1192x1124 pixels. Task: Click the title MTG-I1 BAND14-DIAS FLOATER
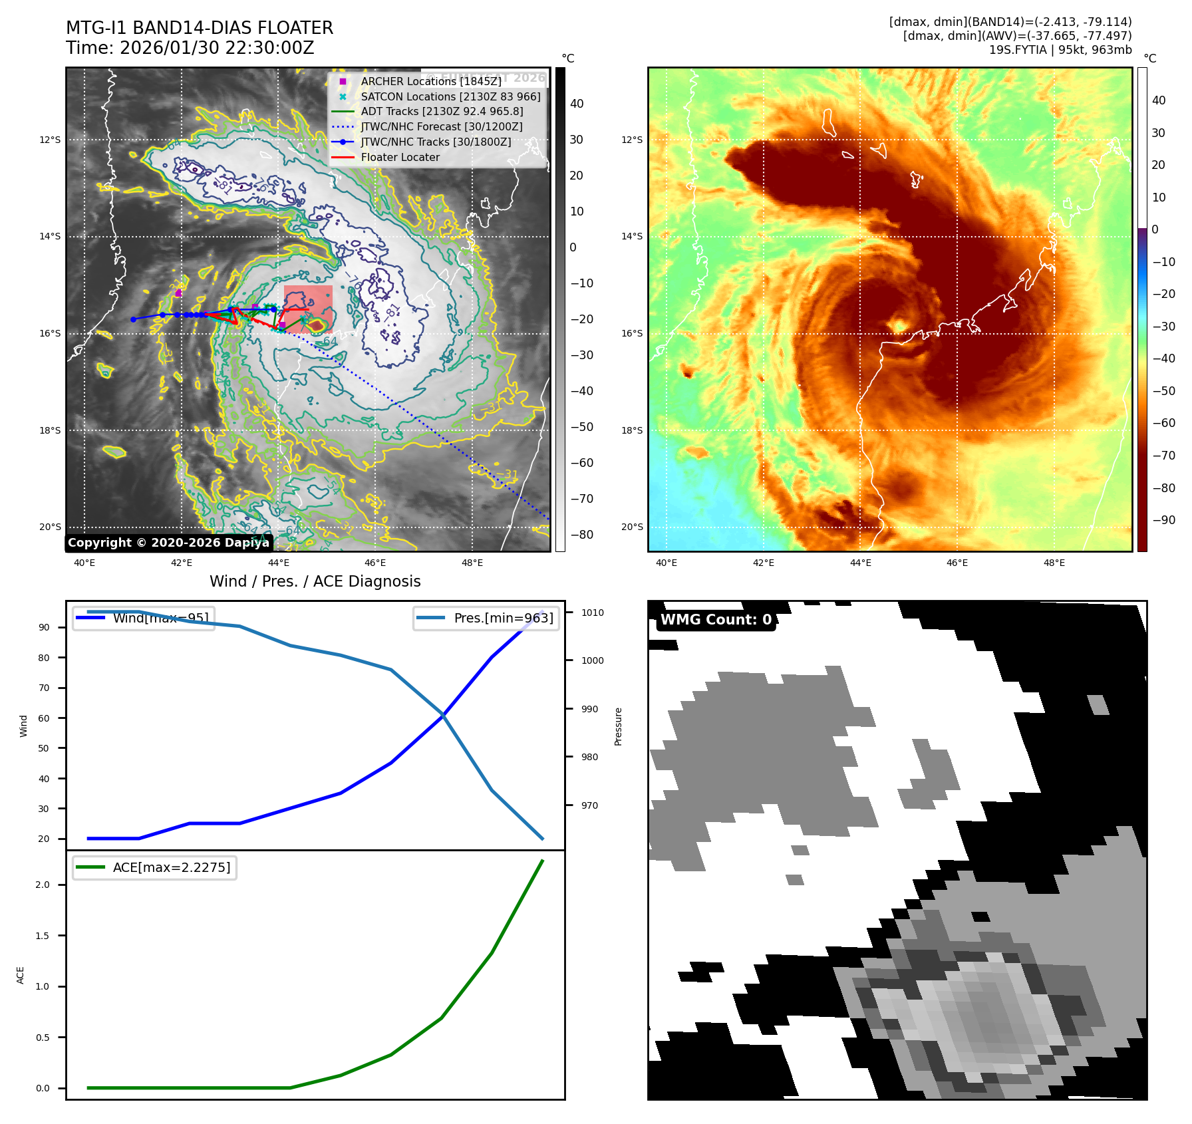pyautogui.click(x=200, y=28)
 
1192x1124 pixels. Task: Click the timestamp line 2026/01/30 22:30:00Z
pyautogui.click(x=217, y=48)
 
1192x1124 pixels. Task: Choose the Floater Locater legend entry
pyautogui.click(x=400, y=158)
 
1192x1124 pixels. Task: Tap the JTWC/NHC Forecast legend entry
pyautogui.click(x=441, y=126)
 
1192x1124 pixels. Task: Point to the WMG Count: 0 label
pyautogui.click(x=716, y=620)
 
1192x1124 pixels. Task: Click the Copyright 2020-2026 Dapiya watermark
pyautogui.click(x=168, y=543)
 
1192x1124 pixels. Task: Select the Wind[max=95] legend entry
pyautogui.click(x=160, y=618)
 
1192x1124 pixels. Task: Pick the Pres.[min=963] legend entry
pyautogui.click(x=503, y=618)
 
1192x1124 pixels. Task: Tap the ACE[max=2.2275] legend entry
pyautogui.click(x=171, y=867)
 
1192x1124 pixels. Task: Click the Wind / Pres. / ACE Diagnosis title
pyautogui.click(x=315, y=581)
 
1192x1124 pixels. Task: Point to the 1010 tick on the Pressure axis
pyautogui.click(x=592, y=613)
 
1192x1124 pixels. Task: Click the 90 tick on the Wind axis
pyautogui.click(x=44, y=627)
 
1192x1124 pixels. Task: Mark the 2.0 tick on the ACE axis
pyautogui.click(x=43, y=885)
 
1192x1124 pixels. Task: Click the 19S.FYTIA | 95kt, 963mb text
pyautogui.click(x=1060, y=50)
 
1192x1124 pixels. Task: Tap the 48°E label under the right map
pyautogui.click(x=1054, y=563)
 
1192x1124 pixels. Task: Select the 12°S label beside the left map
pyautogui.click(x=50, y=140)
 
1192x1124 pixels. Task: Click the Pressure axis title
pyautogui.click(x=618, y=726)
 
